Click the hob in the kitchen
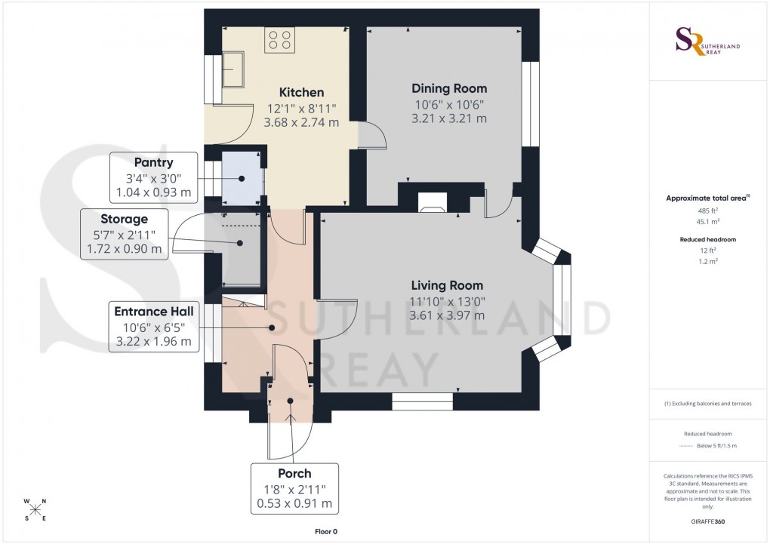tap(279, 40)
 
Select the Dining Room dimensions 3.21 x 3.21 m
tap(448, 118)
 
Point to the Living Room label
tap(447, 285)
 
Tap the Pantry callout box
tap(154, 178)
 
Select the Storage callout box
tap(124, 234)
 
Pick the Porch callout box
tap(294, 488)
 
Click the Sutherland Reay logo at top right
tap(707, 41)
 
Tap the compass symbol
tap(35, 509)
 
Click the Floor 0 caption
tap(326, 532)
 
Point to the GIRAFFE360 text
tap(707, 521)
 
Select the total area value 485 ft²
tap(707, 211)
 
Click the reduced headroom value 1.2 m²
tap(707, 260)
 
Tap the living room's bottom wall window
tap(422, 401)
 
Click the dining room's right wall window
tap(532, 103)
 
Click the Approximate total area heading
tap(707, 198)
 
